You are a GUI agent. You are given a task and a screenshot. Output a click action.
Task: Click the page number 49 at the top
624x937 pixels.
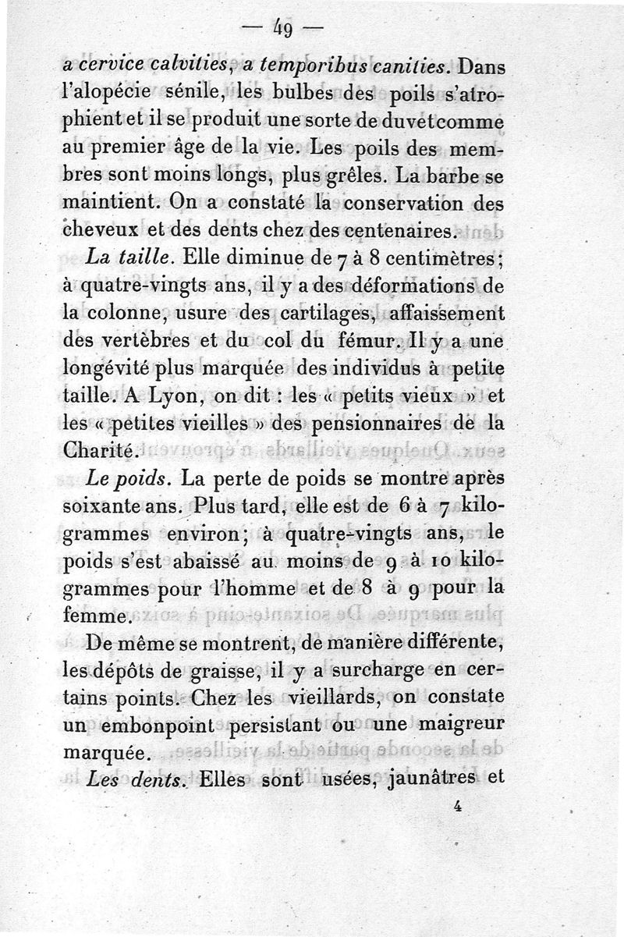(282, 32)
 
